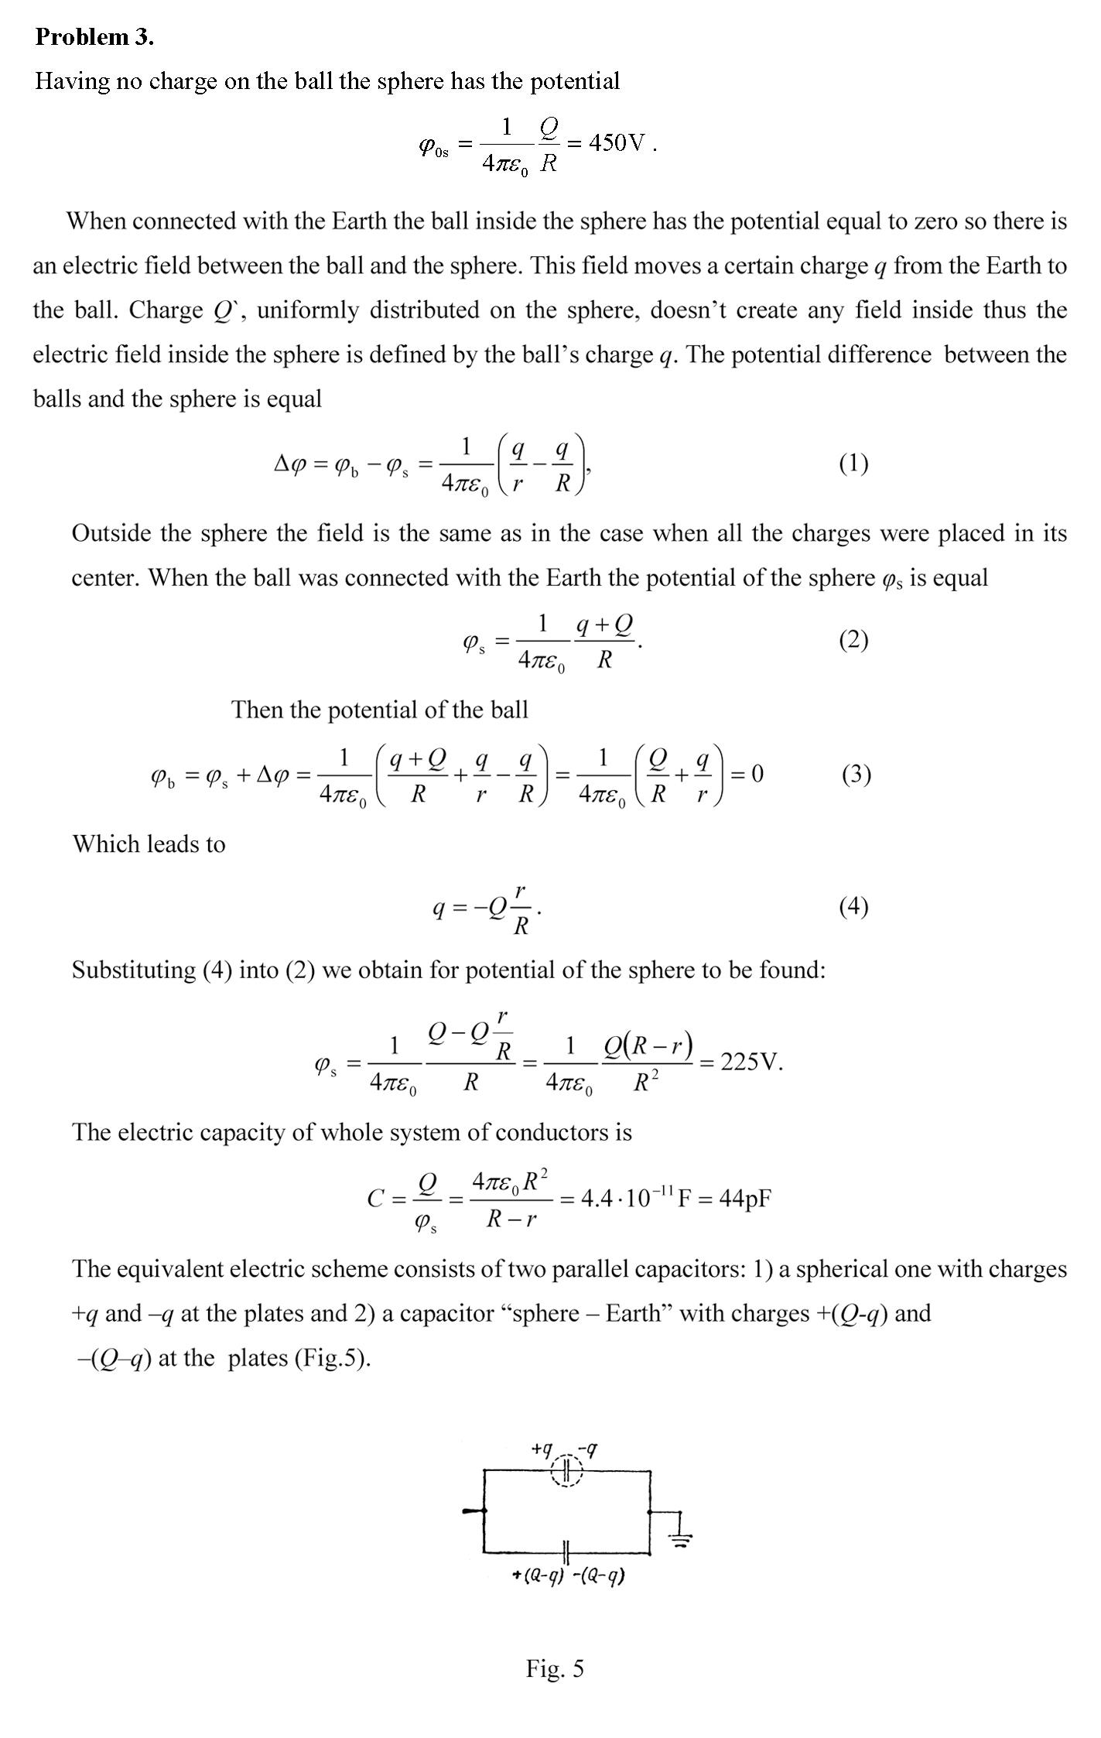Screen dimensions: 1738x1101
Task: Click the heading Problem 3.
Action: tap(94, 36)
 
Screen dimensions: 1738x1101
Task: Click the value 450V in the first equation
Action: tap(617, 143)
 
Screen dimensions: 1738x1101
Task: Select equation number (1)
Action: tap(853, 464)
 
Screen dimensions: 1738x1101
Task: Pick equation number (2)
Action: tap(853, 640)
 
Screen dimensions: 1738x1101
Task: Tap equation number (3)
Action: tap(857, 774)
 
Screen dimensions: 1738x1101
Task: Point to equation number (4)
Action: tap(853, 906)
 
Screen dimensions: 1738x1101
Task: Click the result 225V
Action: tap(751, 1062)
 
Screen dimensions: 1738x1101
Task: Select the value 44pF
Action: tap(745, 1199)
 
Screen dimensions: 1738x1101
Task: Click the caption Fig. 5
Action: tap(555, 1668)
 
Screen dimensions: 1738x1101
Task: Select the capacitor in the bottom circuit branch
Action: tap(566, 1551)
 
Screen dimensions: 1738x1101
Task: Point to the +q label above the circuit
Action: tap(542, 1448)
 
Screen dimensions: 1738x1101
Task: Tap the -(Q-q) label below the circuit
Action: tap(599, 1575)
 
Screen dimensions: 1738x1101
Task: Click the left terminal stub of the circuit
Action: tap(474, 1510)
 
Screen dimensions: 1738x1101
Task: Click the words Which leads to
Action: tap(149, 843)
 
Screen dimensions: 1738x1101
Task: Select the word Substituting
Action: tap(133, 970)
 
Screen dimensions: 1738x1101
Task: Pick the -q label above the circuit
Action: tap(590, 1448)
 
